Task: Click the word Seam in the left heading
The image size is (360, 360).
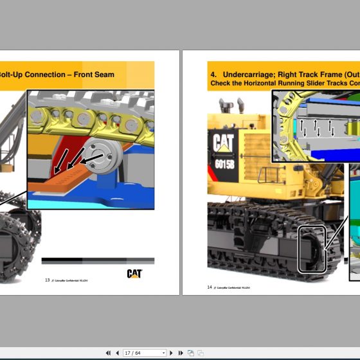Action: click(103, 75)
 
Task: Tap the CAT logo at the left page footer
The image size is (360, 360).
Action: click(134, 274)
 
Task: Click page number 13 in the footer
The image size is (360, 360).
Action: click(47, 280)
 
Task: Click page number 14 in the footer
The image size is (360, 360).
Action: click(210, 287)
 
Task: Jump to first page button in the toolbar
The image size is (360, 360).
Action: click(108, 353)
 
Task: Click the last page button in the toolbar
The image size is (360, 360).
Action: click(181, 353)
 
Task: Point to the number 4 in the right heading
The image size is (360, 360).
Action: click(213, 75)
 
